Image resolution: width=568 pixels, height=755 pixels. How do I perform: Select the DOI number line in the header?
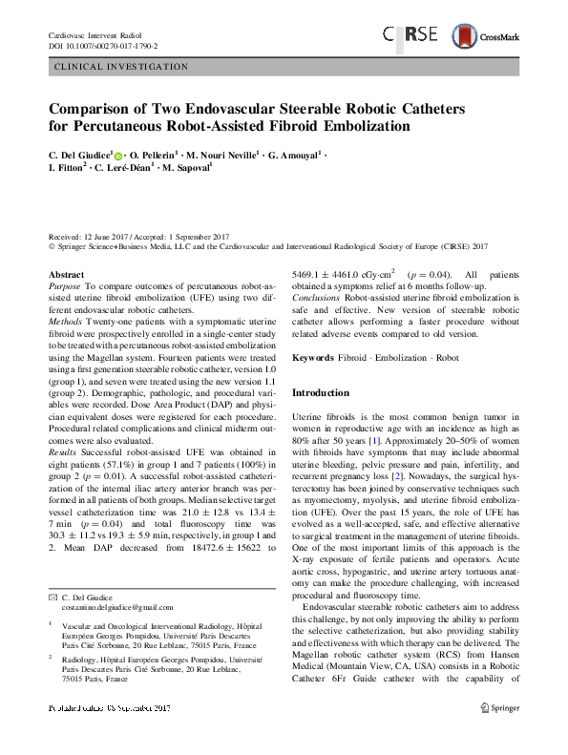pyautogui.click(x=103, y=45)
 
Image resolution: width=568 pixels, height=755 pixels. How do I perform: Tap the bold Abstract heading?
pyautogui.click(x=66, y=274)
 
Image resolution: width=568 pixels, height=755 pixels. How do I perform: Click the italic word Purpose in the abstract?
pyautogui.click(x=64, y=285)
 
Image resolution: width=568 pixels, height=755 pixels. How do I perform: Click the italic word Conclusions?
pyautogui.click(x=321, y=297)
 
